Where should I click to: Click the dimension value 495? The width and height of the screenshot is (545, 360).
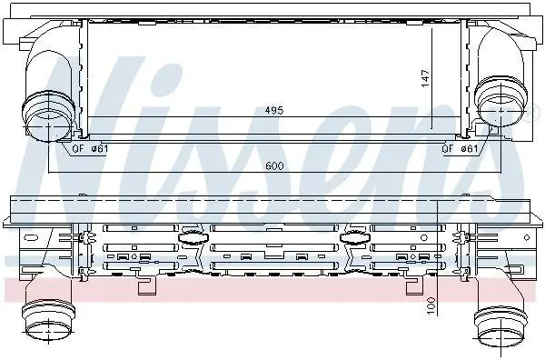pos(274,110)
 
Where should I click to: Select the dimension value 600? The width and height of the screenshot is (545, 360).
pos(274,166)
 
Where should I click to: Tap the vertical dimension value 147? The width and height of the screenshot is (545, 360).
pos(425,78)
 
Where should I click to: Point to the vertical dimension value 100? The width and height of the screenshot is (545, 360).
pos(431,306)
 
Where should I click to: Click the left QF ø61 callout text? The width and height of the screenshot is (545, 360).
pos(90,148)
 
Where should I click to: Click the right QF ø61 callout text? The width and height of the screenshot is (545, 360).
pos(460,148)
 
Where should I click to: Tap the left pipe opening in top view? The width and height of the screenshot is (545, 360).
pos(49,116)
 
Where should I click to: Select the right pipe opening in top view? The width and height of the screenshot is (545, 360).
pos(500,103)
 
